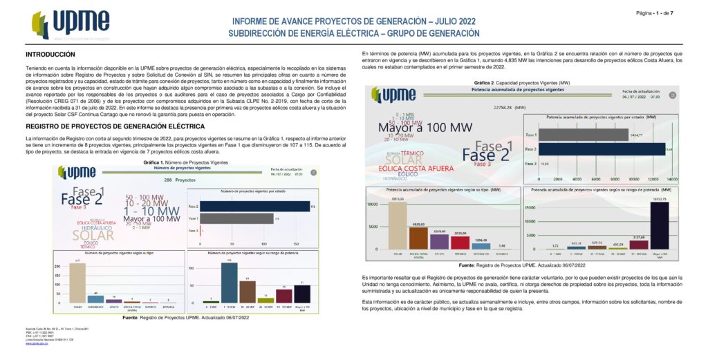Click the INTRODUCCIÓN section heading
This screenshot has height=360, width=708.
click(x=50, y=54)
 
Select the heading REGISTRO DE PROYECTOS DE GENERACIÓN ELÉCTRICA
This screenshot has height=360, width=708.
click(x=115, y=127)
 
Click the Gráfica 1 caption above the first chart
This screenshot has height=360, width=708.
click(x=185, y=162)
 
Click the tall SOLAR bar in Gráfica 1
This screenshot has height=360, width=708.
click(x=77, y=283)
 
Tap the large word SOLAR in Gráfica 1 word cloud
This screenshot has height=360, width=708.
click(x=92, y=236)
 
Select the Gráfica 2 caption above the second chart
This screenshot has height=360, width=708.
click(x=512, y=83)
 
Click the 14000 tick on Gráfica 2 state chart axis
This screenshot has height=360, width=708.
click(x=671, y=178)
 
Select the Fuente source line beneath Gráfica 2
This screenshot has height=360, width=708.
click(x=512, y=265)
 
